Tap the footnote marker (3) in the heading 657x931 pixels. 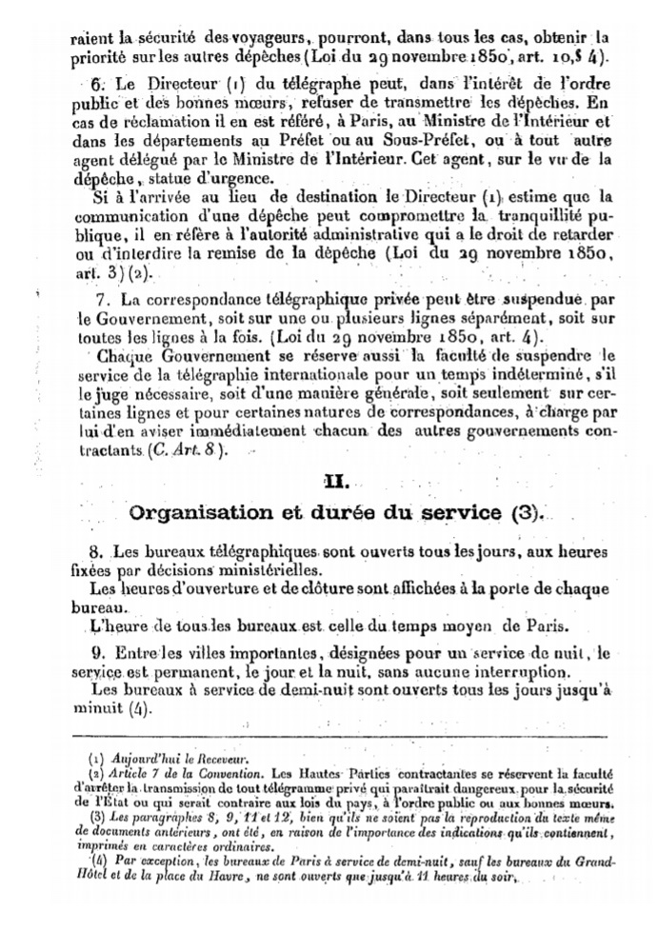(523, 513)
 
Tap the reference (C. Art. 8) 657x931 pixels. (188, 451)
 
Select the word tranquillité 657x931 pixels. (544, 218)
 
